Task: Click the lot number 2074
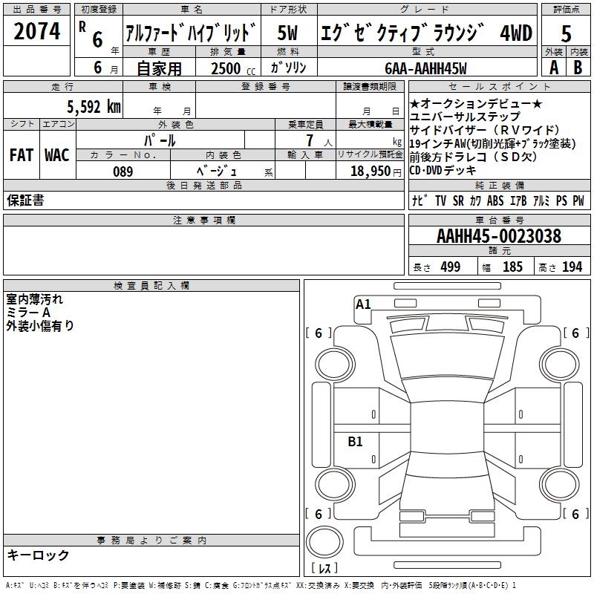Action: (36, 32)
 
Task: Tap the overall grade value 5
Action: (567, 33)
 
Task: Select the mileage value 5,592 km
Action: (93, 106)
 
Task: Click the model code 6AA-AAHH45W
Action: (425, 68)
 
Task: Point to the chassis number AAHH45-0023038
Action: (499, 236)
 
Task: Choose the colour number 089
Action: (123, 172)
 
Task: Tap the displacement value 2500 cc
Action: (226, 68)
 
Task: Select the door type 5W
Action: (287, 33)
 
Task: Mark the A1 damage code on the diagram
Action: (363, 304)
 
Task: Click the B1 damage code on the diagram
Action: (356, 442)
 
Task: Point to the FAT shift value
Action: (22, 155)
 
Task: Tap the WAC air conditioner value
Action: (56, 155)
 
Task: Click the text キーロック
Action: (39, 555)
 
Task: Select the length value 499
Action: (450, 267)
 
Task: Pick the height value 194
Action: (572, 267)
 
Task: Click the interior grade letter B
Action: (578, 68)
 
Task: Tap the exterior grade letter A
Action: (553, 68)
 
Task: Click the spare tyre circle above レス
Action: (325, 544)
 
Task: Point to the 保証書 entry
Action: (25, 200)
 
